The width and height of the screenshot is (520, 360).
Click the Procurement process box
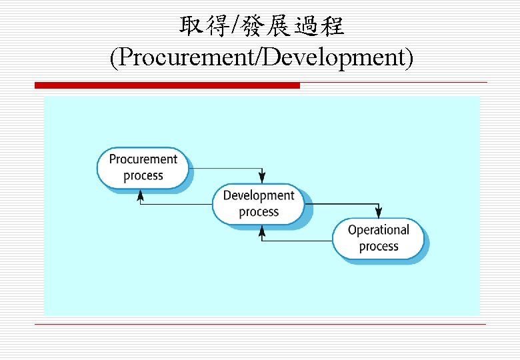143,167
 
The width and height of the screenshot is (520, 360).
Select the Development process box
258,203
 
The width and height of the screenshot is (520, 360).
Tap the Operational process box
378,238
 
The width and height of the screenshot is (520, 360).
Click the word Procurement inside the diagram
143,159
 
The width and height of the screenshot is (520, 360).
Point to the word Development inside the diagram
258,195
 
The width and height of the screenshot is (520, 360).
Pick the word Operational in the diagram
378,230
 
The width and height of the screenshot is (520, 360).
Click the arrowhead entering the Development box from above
263,177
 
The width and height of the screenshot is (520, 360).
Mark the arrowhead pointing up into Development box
262,231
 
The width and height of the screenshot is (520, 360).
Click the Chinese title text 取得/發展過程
261,27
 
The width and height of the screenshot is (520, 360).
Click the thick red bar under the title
167,85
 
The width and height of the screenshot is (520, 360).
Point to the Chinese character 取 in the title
190,27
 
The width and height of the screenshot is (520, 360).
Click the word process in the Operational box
378,247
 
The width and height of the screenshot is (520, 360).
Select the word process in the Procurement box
143,176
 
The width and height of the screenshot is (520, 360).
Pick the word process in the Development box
258,212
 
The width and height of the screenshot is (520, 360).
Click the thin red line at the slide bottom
260,325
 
